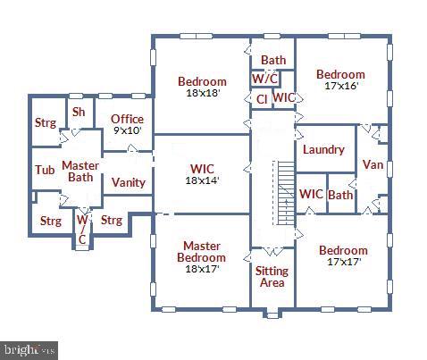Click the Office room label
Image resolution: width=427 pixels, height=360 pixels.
click(127, 119)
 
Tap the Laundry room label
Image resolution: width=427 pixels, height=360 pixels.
click(323, 149)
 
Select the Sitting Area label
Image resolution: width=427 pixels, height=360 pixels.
click(272, 276)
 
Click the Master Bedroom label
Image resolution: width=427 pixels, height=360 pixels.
click(202, 251)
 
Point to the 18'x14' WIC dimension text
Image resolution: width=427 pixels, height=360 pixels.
click(202, 180)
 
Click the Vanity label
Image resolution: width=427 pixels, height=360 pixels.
click(129, 182)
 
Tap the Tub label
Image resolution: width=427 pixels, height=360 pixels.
click(45, 170)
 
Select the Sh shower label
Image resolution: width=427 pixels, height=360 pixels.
click(79, 112)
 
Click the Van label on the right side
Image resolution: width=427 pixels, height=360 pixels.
click(373, 164)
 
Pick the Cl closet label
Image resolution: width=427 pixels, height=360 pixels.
click(262, 98)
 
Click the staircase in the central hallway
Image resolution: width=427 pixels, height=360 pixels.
click(284, 191)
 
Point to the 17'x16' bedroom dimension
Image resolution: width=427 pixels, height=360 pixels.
click(339, 87)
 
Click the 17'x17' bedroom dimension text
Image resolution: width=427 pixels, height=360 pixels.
click(343, 263)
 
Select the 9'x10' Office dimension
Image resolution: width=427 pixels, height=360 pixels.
click(127, 130)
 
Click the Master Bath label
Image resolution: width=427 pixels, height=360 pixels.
click(80, 171)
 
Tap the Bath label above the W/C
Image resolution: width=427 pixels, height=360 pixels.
click(273, 61)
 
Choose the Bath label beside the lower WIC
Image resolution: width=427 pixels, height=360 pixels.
click(340, 194)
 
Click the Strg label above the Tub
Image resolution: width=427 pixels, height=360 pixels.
click(46, 123)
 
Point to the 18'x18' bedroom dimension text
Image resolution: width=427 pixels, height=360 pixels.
click(202, 93)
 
